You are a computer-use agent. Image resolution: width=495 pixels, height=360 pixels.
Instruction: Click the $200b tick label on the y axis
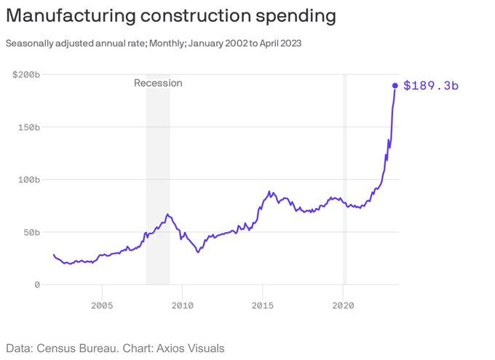26,74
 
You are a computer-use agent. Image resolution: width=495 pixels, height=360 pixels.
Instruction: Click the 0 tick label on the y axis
36,284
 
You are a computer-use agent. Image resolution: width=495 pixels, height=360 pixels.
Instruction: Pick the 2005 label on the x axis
102,305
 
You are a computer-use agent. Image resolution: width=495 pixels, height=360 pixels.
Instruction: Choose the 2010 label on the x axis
183,305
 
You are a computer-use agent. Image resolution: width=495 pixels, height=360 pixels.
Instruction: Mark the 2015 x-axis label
263,305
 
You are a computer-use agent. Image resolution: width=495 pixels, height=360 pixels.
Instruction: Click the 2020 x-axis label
343,305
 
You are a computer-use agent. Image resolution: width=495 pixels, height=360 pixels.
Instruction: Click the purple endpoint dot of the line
395,85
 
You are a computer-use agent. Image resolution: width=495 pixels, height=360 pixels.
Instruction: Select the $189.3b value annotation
431,86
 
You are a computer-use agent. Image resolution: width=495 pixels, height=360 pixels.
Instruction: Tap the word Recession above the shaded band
158,83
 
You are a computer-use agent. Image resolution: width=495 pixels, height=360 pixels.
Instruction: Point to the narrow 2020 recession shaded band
344,182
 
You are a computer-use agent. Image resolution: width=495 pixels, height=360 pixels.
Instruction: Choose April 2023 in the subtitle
278,43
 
